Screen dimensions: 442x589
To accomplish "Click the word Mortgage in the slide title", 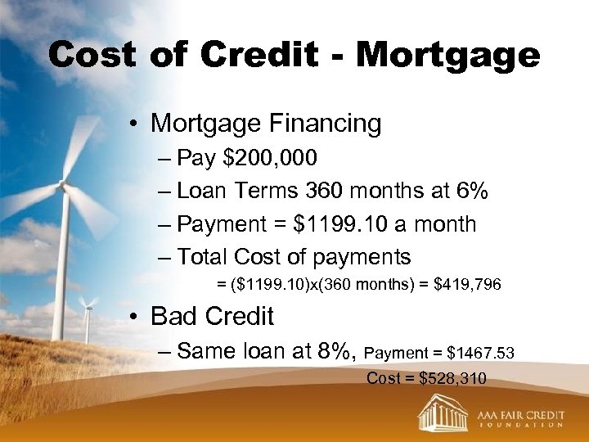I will point(447,55).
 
